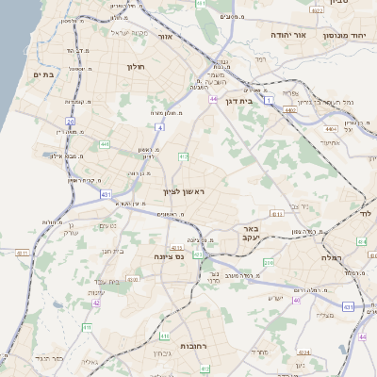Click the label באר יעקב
click(250, 233)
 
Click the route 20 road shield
click(70, 121)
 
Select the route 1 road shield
click(269, 99)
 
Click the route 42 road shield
click(96, 303)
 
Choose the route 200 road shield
click(269, 262)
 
